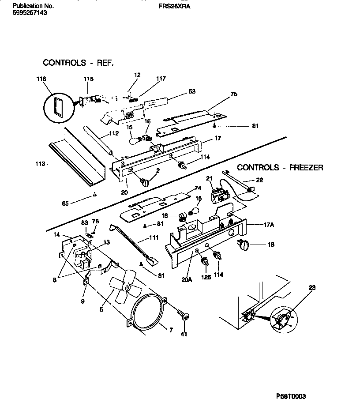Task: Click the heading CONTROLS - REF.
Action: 78,63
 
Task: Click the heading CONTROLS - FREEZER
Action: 280,168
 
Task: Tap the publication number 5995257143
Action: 29,13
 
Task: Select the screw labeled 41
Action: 183,315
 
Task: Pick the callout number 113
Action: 40,164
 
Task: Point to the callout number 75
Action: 233,94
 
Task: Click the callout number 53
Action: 192,92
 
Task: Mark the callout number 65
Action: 65,204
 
